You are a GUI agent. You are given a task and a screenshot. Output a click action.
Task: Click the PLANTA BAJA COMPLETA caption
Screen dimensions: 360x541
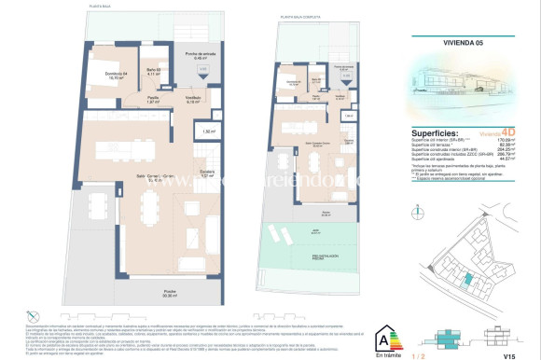(x=306, y=16)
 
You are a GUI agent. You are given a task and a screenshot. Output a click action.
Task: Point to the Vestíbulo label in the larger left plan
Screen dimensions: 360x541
(x=194, y=100)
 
